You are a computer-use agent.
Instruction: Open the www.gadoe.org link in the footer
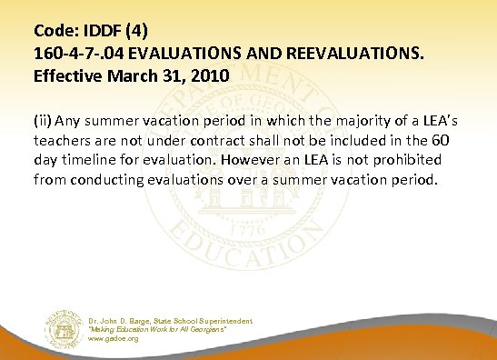click(113, 338)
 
